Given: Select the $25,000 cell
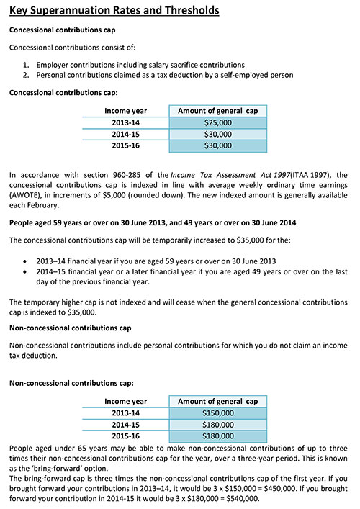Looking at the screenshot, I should point(217,122).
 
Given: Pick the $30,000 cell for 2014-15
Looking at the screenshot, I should point(217,134).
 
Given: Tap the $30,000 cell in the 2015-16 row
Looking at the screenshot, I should point(217,145).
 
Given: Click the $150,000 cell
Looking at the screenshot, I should point(217,413).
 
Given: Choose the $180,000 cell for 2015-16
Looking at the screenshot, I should point(217,436).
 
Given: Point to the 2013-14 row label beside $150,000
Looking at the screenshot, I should point(125,413).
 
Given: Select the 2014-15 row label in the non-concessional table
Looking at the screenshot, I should point(125,424).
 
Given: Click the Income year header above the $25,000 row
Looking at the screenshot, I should point(125,111).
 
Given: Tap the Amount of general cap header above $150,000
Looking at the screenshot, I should point(217,401).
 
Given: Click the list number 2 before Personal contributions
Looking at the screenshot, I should point(26,75).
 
